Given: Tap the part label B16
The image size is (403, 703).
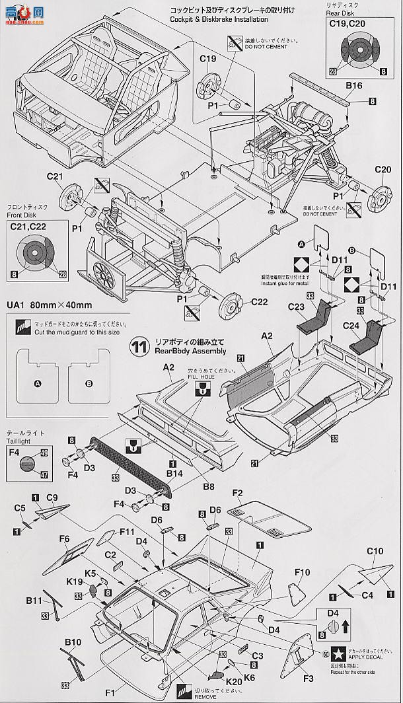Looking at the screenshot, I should point(353,85).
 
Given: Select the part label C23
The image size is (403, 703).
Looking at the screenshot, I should point(297,307).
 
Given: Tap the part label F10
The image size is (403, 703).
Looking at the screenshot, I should point(301,570).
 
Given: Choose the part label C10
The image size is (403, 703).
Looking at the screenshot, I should point(375,550).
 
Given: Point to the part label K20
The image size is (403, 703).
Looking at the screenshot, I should point(233,680).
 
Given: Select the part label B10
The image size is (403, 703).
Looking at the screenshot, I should point(73,642).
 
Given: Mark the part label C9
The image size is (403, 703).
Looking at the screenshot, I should point(52,497).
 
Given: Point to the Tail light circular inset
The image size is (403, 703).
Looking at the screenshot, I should point(25,464).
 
